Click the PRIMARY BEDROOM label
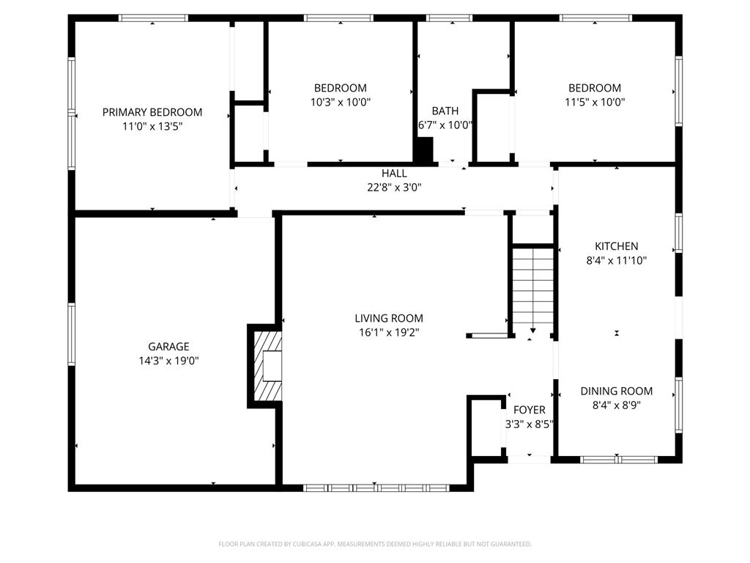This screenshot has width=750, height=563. pos(152,112)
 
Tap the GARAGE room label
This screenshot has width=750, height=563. pos(168,347)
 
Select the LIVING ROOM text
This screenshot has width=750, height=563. pos(389,318)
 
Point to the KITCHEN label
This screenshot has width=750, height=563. pos(616,246)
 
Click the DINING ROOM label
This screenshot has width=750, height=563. pos(616,391)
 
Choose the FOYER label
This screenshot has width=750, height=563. pos(529,410)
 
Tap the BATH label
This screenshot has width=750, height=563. pos(445,111)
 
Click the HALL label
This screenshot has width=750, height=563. pos(394,174)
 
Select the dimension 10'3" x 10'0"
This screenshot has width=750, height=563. pos(341,103)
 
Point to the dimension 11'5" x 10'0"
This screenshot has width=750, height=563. pos(595,103)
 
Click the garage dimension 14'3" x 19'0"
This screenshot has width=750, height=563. pos(168,361)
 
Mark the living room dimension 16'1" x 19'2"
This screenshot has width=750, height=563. pos(389,332)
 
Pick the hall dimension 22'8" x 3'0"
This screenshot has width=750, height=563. pos(394,187)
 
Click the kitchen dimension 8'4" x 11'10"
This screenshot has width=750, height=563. pos(616,260)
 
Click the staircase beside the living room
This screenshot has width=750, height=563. pos(532,290)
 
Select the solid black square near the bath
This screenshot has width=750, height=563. pos(423,150)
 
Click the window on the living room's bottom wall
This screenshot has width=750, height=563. pos(376,487)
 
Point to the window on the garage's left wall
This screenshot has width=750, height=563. pos(72,334)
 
